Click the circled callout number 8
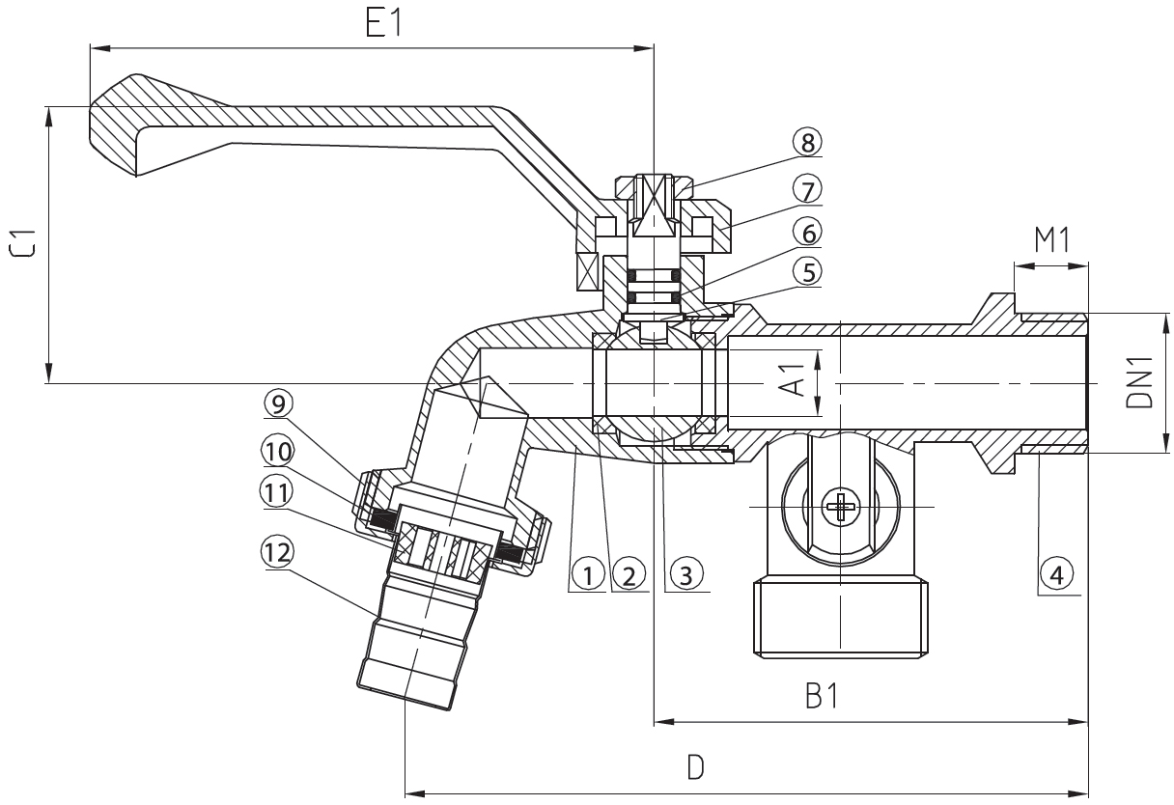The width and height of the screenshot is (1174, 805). (807, 142)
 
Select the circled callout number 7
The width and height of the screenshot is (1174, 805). (807, 189)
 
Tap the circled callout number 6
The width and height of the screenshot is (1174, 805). (807, 233)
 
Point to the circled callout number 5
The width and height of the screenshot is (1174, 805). (807, 272)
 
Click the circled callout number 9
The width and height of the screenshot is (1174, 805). (278, 403)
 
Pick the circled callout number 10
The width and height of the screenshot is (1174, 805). (278, 451)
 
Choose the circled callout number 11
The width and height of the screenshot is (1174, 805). (277, 492)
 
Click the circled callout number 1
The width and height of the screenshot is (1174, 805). (588, 576)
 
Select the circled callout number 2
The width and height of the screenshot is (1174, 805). (629, 576)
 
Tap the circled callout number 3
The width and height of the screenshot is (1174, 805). (686, 576)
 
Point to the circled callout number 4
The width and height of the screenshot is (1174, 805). (1056, 575)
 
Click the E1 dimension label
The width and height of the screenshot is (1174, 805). (383, 23)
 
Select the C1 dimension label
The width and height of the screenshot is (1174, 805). (23, 243)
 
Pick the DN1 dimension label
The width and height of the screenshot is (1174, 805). (1139, 382)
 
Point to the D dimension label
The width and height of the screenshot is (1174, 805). (695, 767)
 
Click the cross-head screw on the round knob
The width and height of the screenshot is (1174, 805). (841, 507)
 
